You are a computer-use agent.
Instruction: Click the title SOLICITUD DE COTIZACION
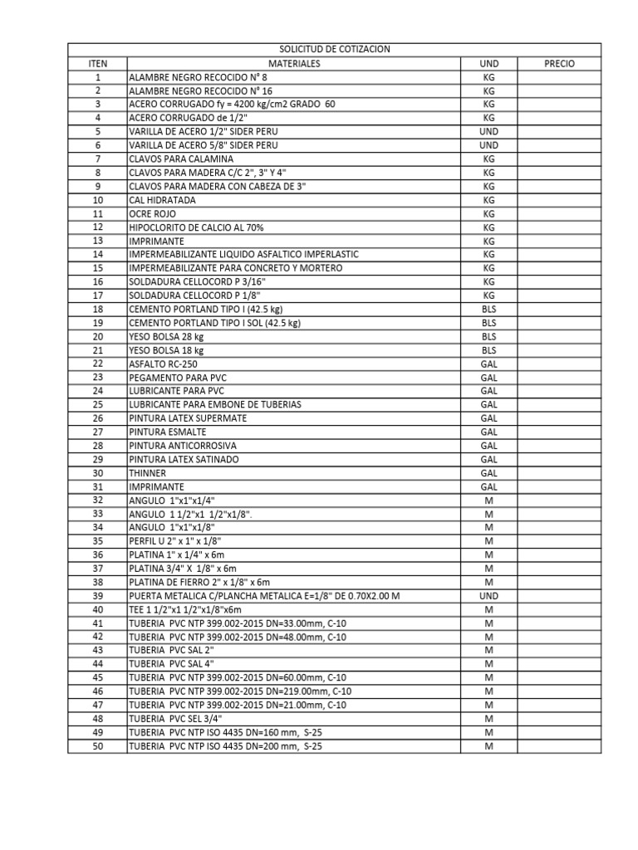pos(335,50)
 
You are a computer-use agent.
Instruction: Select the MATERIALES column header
pos(293,63)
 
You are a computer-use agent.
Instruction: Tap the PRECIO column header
pos(559,63)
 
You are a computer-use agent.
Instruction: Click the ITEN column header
pos(98,63)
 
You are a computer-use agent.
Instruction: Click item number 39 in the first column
pos(98,596)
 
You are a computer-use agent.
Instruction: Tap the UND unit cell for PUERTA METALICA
pos(488,596)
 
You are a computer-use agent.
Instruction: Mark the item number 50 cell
pos(98,746)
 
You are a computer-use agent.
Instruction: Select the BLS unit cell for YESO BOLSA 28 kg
pos(488,336)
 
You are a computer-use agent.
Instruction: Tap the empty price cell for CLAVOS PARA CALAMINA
pos(559,159)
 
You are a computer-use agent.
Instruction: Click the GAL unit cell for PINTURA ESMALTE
pos(488,432)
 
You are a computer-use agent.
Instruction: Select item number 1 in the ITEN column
pos(98,77)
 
